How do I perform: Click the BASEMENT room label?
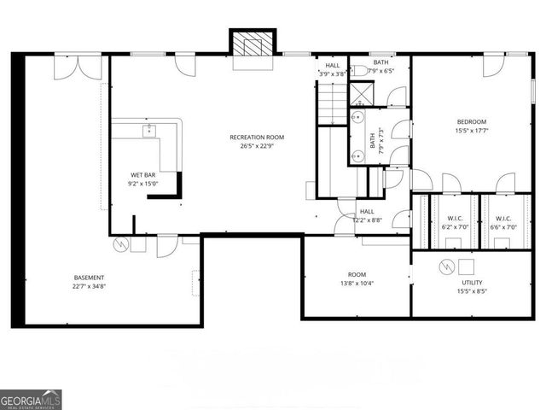point(89,278)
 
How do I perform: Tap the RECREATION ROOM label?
point(257,138)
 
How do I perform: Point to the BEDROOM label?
point(471,121)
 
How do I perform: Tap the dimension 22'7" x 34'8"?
point(89,287)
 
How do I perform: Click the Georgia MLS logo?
point(31,399)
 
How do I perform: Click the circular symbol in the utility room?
point(445,267)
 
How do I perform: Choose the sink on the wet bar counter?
point(149,131)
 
